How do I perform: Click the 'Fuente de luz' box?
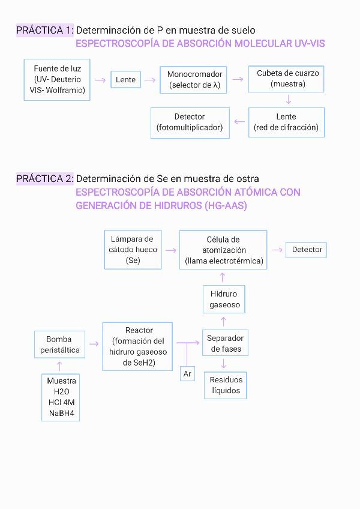point(58,80)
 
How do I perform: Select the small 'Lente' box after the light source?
point(126,79)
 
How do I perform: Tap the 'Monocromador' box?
point(194,80)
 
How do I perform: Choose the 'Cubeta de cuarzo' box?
point(287,79)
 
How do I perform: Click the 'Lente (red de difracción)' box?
point(286,122)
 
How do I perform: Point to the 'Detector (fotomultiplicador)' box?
point(190,122)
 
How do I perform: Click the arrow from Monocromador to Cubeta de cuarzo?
point(239,79)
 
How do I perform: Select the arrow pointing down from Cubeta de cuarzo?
point(289,100)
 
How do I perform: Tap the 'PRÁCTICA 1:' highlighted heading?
point(45,30)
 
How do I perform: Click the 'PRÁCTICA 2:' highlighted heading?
point(45,178)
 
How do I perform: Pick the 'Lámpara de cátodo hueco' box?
point(133,250)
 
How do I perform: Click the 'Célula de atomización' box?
point(223,250)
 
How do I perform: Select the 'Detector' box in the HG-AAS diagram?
point(307,250)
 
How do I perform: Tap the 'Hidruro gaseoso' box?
point(224,299)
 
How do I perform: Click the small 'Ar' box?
point(188,374)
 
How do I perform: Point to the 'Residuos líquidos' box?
point(226,385)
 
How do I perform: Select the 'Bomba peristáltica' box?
point(59,345)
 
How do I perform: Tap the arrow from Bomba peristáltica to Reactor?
point(93,344)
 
